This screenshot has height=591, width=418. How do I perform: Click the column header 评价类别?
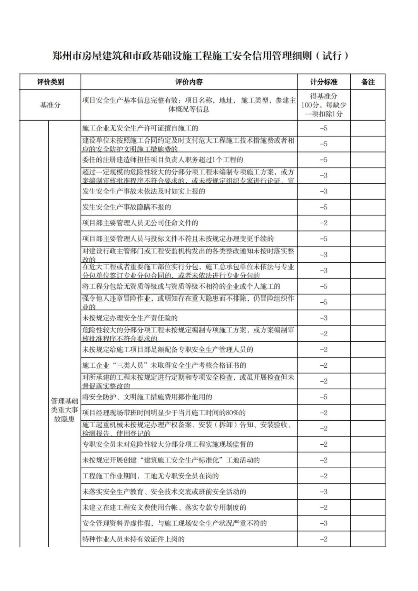[x=50, y=82]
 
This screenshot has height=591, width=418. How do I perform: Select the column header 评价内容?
[x=189, y=82]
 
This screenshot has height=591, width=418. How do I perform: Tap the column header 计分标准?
[x=324, y=82]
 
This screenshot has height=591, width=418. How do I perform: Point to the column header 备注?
[x=368, y=82]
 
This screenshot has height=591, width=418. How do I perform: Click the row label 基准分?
[x=50, y=105]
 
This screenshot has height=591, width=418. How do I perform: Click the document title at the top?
[x=200, y=56]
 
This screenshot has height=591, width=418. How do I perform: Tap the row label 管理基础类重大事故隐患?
[x=64, y=410]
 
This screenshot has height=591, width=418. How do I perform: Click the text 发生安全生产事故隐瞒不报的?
[x=127, y=207]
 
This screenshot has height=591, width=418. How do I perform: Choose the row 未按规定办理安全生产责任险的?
[x=130, y=318]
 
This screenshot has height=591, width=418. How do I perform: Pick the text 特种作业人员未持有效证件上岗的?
[x=134, y=539]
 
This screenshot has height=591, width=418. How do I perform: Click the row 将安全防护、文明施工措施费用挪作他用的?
[x=147, y=397]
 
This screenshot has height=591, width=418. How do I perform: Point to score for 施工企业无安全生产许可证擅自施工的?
[x=324, y=128]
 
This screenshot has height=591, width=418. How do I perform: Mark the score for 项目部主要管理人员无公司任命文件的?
[x=324, y=223]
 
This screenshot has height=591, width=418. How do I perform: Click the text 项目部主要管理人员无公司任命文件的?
[x=140, y=223]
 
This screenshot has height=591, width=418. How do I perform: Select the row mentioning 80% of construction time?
[x=164, y=413]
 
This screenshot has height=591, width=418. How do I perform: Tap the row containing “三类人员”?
[x=164, y=365]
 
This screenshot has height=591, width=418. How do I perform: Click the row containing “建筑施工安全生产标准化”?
[x=171, y=460]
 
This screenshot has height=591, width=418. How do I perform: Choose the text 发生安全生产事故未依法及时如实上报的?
[x=144, y=191]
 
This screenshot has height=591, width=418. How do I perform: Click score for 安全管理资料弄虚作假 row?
[x=324, y=523]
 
